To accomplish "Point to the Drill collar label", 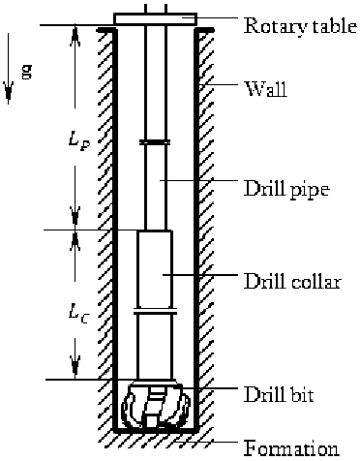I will (x=291, y=282).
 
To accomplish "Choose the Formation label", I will (x=291, y=448).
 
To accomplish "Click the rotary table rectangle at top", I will (x=155, y=18).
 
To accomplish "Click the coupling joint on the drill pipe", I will (x=155, y=142).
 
